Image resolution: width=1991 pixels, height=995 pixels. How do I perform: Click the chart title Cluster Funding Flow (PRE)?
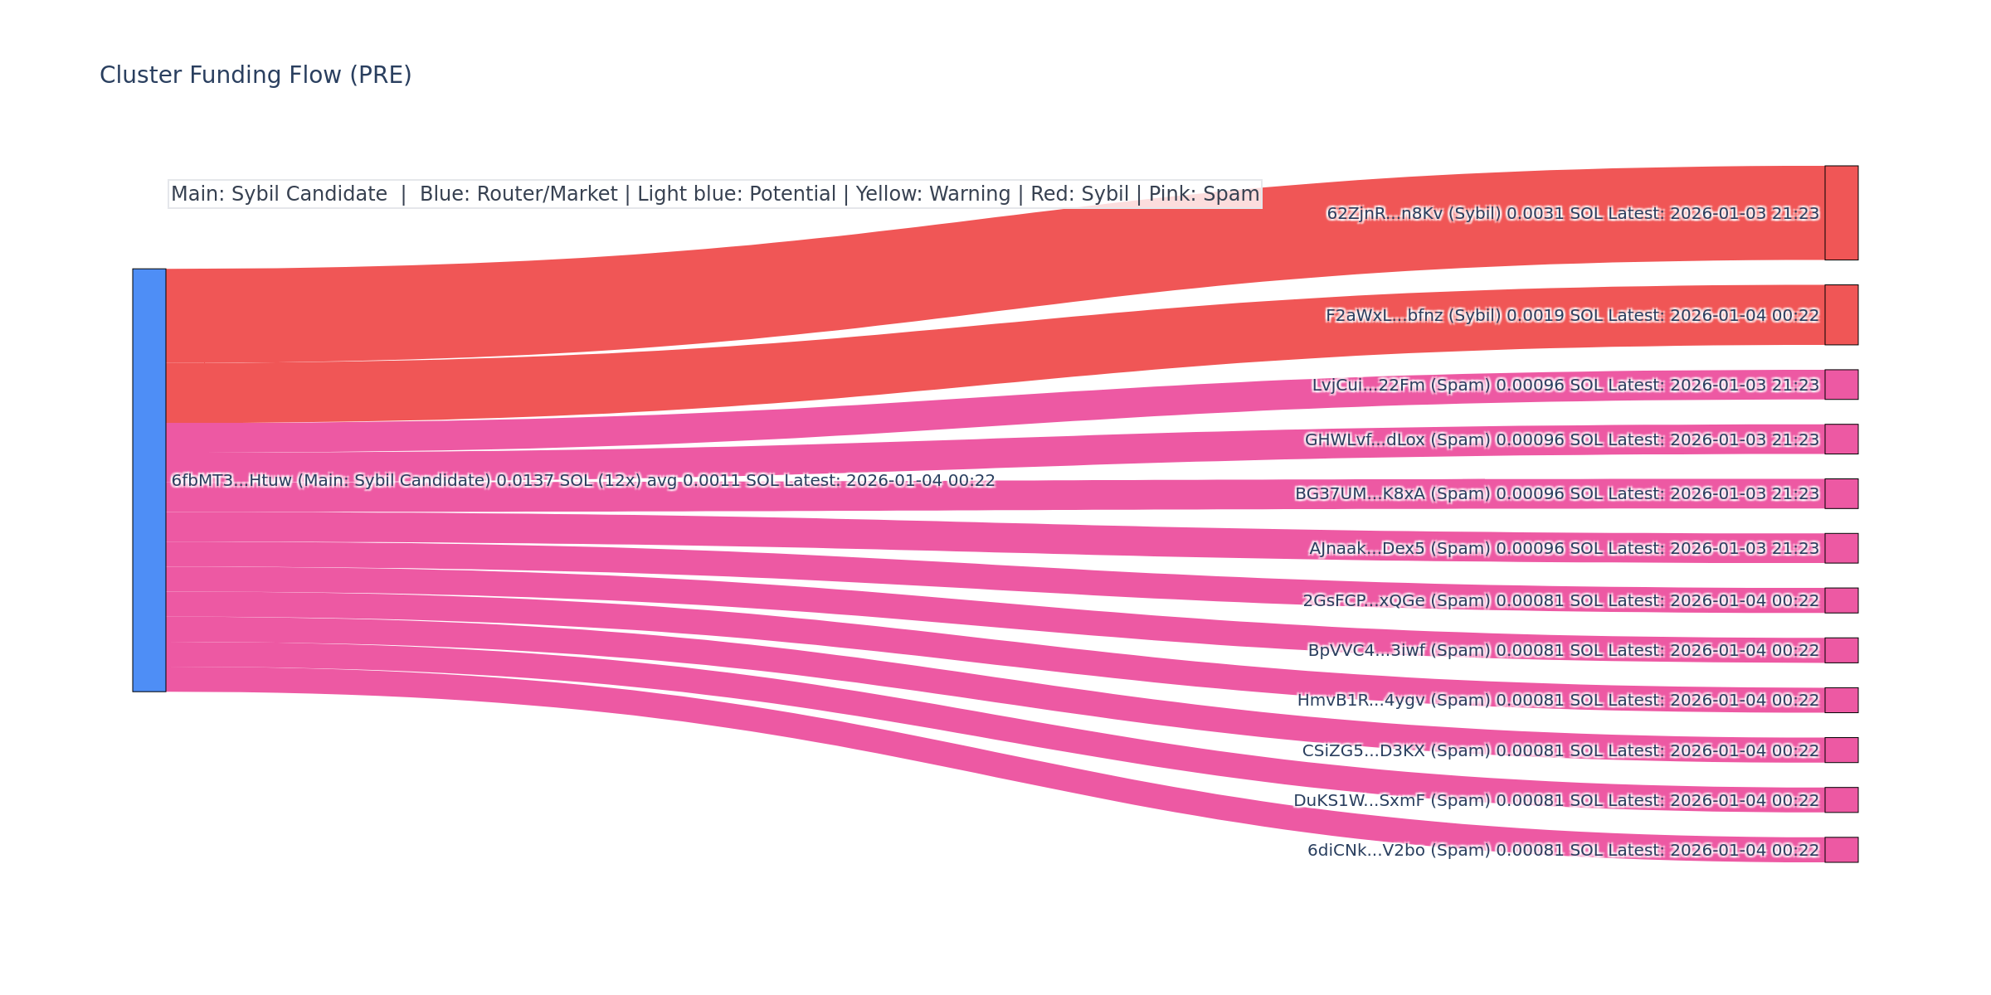(x=256, y=75)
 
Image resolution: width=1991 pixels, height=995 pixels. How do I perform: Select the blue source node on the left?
(x=149, y=480)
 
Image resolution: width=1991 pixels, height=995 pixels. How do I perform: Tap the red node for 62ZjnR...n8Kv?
(x=1841, y=213)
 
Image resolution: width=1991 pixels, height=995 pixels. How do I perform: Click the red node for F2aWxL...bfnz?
(x=1841, y=315)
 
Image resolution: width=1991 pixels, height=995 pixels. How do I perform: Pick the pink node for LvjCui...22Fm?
(x=1841, y=385)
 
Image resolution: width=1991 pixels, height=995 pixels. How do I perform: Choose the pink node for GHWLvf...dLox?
(x=1841, y=439)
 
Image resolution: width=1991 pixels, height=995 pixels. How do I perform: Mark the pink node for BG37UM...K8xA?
(x=1841, y=493)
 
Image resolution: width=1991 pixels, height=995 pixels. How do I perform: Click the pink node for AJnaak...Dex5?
(x=1841, y=548)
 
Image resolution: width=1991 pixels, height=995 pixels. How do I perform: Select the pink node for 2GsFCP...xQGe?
(x=1841, y=600)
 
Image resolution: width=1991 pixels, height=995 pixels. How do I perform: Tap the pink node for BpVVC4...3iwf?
(x=1841, y=650)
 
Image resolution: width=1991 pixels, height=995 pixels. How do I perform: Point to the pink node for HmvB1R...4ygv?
(x=1841, y=700)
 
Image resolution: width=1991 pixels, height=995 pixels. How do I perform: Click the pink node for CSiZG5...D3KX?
(x=1841, y=750)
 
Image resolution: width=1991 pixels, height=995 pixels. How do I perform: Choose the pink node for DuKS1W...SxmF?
(x=1841, y=800)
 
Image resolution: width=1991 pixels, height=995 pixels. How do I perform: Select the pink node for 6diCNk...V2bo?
(x=1841, y=850)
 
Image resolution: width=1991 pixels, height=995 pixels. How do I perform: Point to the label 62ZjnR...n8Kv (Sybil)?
(x=1414, y=214)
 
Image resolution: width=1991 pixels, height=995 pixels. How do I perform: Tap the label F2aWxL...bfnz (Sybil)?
(x=1413, y=316)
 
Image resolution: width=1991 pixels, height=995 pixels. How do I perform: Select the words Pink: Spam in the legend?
(x=1204, y=194)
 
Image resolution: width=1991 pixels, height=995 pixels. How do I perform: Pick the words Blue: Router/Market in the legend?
(x=518, y=194)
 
